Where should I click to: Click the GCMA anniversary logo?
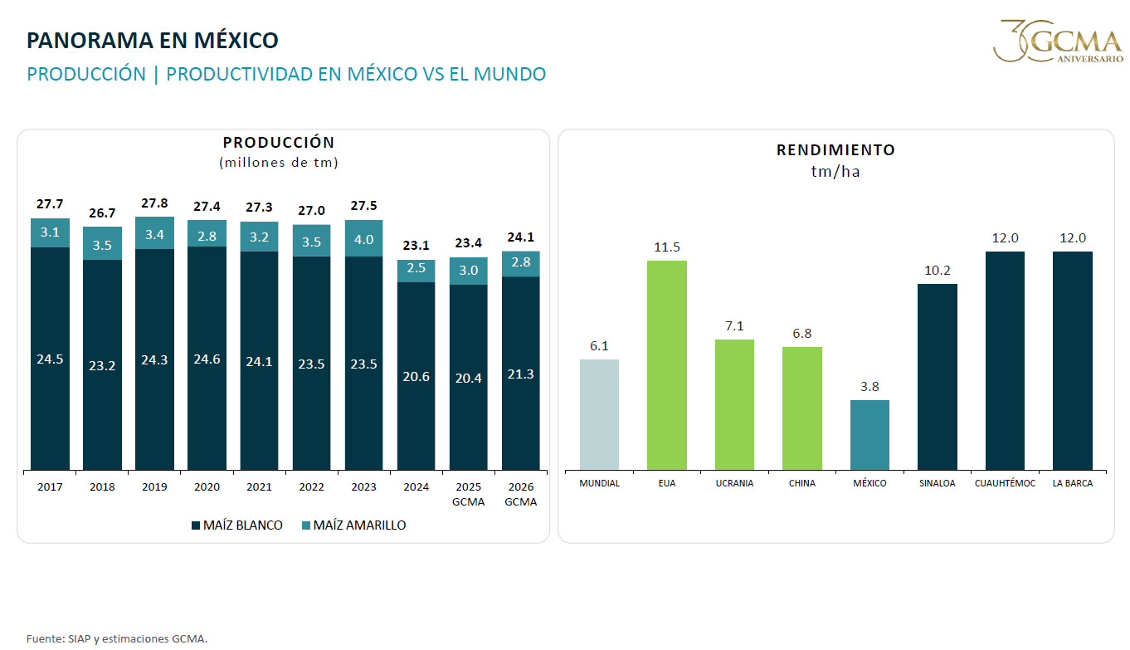[1059, 41]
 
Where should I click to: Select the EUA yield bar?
[667, 365]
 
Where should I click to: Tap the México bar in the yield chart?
[869, 435]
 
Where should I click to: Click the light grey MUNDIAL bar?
[599, 415]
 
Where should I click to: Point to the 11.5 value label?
[667, 247]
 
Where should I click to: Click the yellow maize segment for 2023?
[363, 238]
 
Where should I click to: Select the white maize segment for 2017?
[50, 359]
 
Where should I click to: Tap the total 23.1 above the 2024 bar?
[416, 246]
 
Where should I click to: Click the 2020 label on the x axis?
[207, 487]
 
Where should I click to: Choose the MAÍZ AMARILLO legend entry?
[353, 525]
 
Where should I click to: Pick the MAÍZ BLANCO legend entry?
[237, 525]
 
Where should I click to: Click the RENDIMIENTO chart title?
[835, 150]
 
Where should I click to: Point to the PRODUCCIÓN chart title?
[279, 142]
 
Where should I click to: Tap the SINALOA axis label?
[938, 483]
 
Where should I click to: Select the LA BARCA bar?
[1073, 361]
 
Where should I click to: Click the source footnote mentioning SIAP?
[117, 639]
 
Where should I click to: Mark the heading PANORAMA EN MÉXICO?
[153, 41]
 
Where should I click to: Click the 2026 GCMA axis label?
[520, 495]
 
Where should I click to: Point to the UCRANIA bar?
[734, 405]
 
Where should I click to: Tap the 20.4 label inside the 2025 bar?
[468, 378]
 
